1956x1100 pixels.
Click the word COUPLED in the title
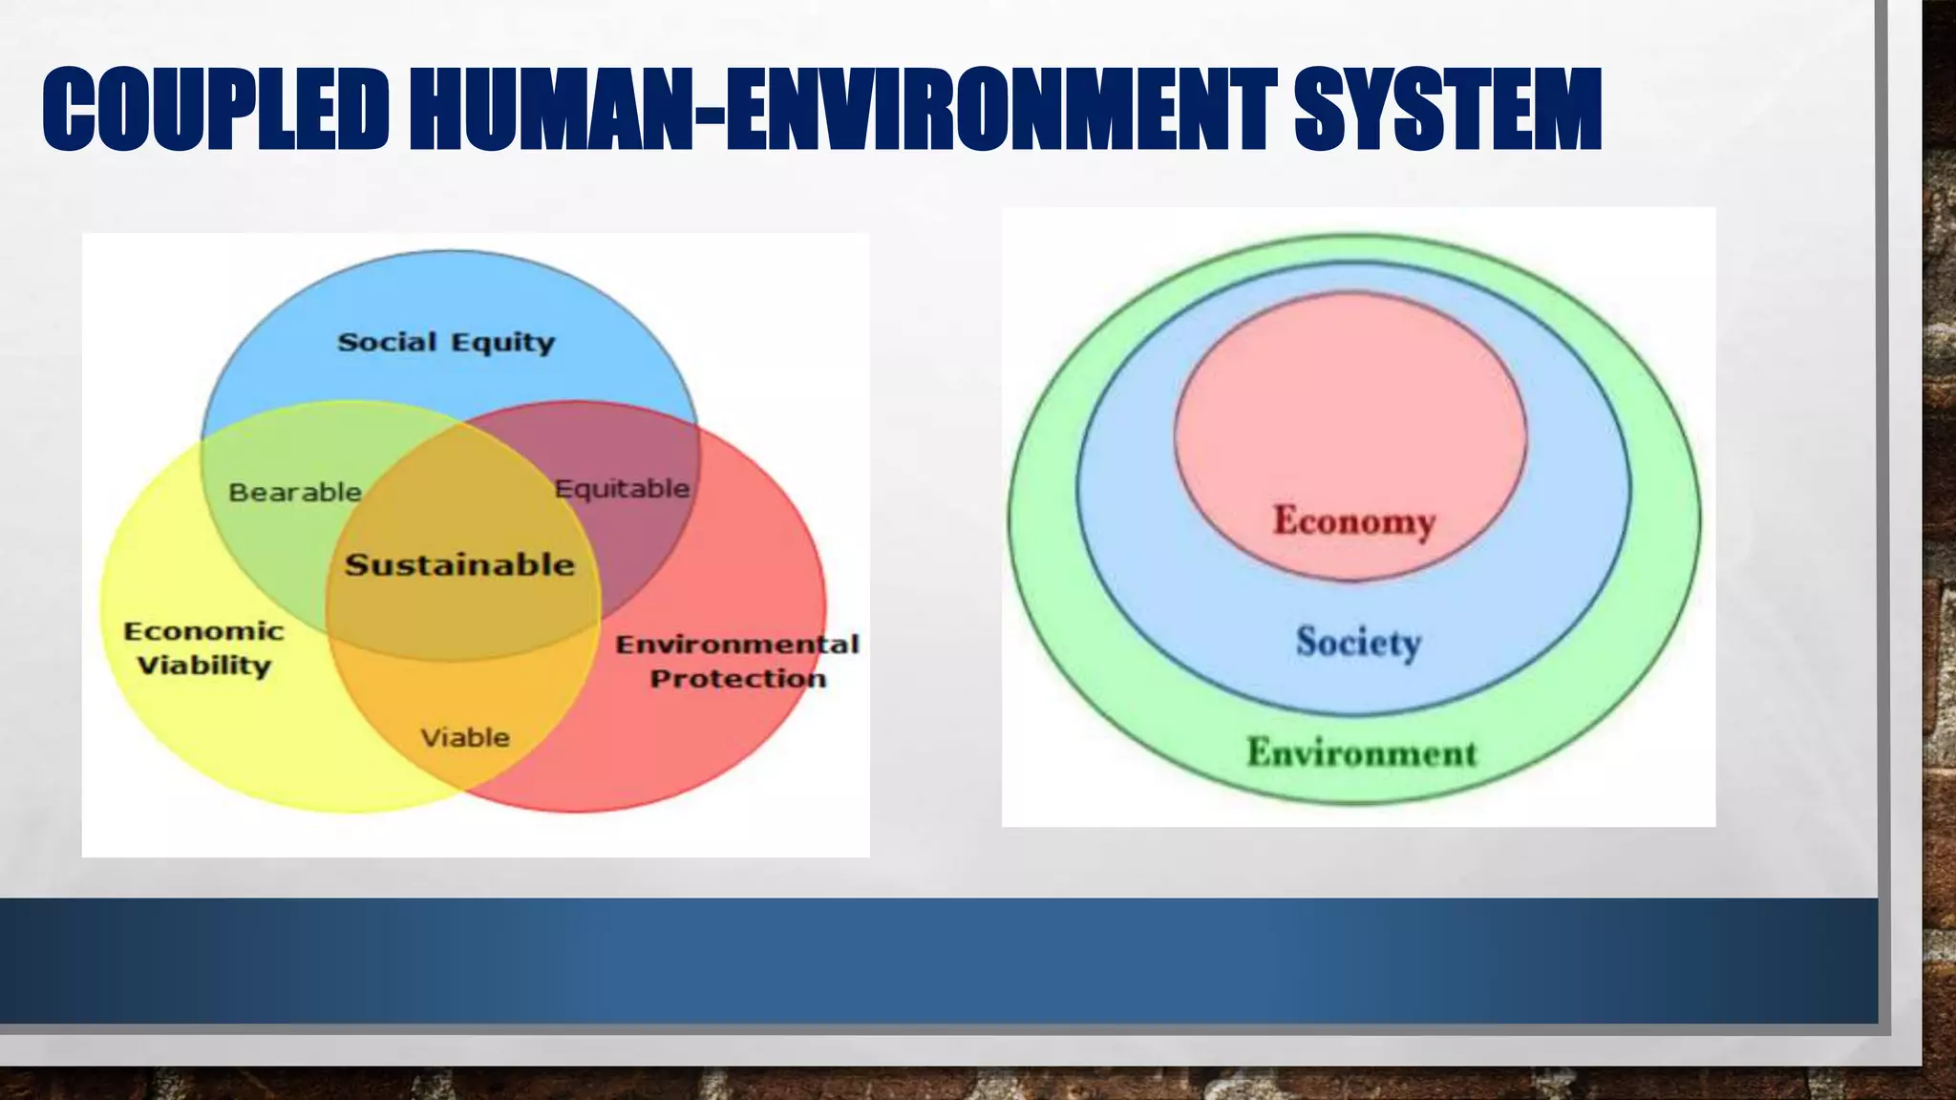pyautogui.click(x=216, y=110)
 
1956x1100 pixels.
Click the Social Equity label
pyautogui.click(x=446, y=343)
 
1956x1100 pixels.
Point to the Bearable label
pyautogui.click(x=295, y=493)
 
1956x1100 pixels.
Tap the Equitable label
pyautogui.click(x=622, y=489)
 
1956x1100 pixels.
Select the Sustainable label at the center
pyautogui.click(x=460, y=564)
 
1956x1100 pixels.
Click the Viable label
pyautogui.click(x=465, y=737)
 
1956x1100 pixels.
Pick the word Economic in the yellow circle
pyautogui.click(x=203, y=631)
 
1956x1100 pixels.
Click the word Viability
pyautogui.click(x=203, y=666)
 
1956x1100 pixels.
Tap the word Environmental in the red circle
pyautogui.click(x=737, y=645)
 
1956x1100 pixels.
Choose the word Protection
pyautogui.click(x=737, y=679)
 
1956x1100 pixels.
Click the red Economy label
pyautogui.click(x=1353, y=521)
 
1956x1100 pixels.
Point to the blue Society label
pyautogui.click(x=1358, y=641)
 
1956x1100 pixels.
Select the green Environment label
pyautogui.click(x=1362, y=752)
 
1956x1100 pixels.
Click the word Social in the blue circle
pyautogui.click(x=387, y=342)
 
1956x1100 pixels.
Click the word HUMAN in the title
pyautogui.click(x=554, y=110)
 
